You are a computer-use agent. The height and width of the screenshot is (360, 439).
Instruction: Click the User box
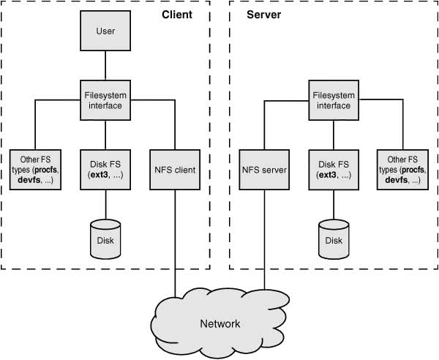point(105,31)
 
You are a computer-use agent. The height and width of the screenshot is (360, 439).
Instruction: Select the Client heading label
point(177,15)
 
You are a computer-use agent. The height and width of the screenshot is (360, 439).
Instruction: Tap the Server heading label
point(263,15)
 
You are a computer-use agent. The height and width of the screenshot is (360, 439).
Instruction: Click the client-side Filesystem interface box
point(105,100)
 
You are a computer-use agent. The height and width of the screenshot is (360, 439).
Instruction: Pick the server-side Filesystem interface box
point(334,100)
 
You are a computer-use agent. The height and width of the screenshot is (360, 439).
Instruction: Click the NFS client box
point(175,170)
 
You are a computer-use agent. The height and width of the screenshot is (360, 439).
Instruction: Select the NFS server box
point(264,170)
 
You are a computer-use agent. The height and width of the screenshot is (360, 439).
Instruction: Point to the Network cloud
point(220,323)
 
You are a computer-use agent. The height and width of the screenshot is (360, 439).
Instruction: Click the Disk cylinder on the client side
point(105,239)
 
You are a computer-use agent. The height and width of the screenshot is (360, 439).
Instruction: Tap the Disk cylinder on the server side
point(334,239)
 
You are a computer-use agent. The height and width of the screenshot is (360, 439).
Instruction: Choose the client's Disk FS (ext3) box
point(105,170)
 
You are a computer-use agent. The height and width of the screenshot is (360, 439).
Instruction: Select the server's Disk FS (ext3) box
point(334,170)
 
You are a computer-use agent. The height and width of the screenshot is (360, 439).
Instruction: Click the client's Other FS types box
point(35,170)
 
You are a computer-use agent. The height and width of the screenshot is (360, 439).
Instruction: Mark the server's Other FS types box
point(402,170)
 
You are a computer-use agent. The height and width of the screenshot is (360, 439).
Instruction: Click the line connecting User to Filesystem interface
point(105,66)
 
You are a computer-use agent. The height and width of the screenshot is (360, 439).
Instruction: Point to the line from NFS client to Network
point(176,243)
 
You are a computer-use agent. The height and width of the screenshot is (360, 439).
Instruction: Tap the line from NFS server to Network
point(264,239)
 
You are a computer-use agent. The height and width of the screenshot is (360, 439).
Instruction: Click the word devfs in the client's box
point(29,180)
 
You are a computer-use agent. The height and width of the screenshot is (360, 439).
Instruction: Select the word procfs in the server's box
point(413,170)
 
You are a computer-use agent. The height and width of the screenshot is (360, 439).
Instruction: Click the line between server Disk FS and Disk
point(334,205)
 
